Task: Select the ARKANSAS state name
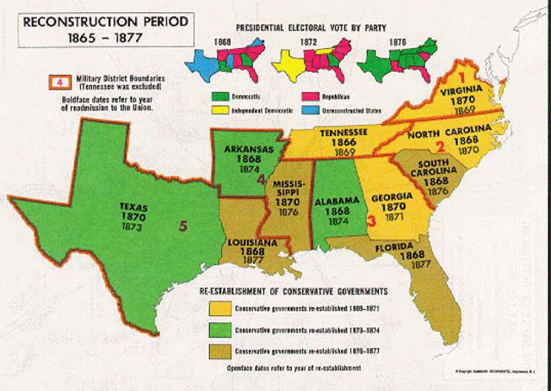[240, 148]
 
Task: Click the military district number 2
[439, 146]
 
